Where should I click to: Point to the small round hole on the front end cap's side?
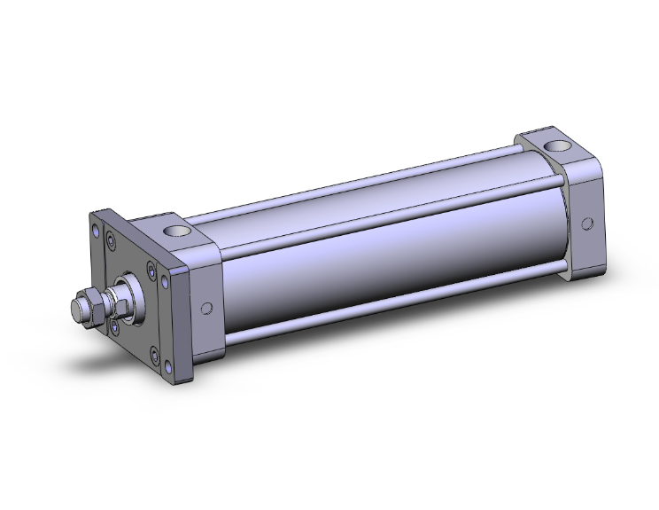click(206, 309)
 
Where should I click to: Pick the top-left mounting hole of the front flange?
click(94, 229)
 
